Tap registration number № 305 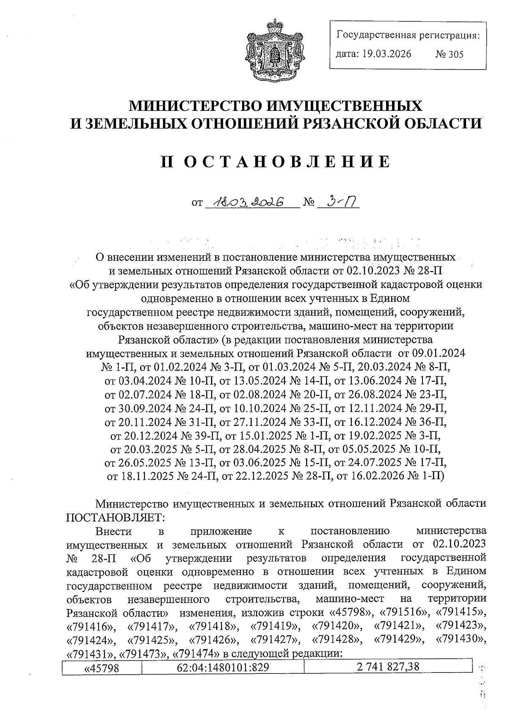pos(449,55)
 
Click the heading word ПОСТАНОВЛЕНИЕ pos(275,162)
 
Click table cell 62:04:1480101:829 pos(223,668)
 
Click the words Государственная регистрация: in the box pos(408,35)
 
